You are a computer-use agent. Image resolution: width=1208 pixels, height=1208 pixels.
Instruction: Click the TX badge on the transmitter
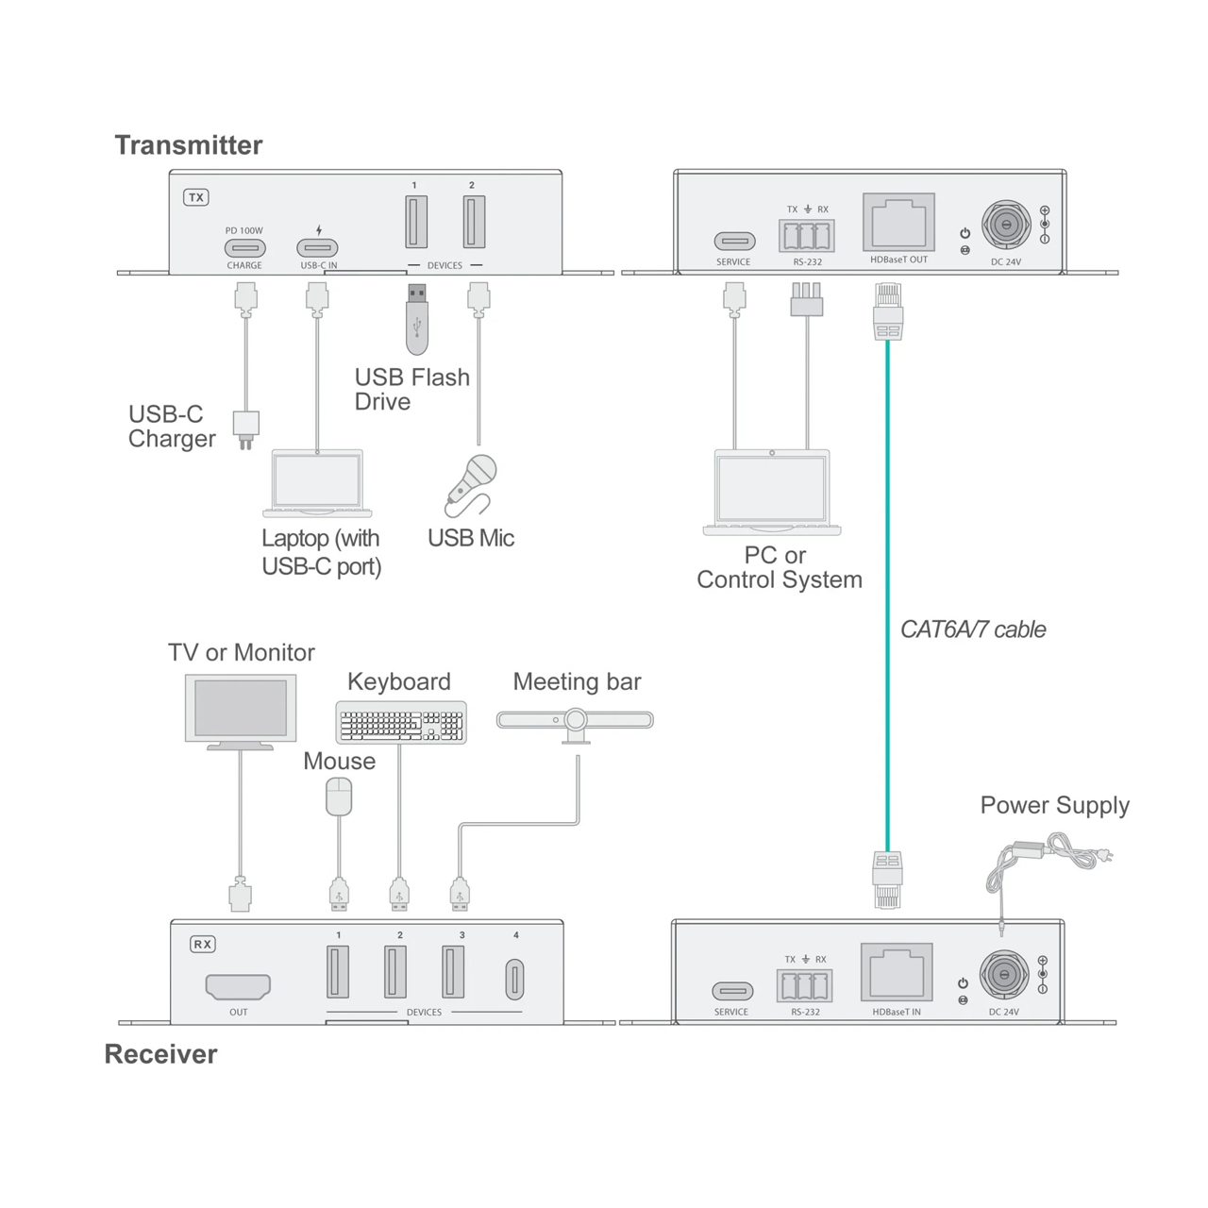coord(195,197)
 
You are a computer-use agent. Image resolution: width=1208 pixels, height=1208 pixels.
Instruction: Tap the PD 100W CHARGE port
coord(244,248)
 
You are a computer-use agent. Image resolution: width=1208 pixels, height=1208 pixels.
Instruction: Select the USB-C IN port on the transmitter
coord(318,248)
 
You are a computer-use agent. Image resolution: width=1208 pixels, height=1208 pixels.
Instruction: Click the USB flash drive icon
coord(417,318)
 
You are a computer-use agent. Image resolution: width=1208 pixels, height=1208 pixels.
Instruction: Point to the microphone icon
coord(471,484)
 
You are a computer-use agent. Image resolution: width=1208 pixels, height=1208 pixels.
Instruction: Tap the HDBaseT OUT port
coord(898,224)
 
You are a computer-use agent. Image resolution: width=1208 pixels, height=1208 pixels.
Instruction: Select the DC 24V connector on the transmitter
coord(1005,226)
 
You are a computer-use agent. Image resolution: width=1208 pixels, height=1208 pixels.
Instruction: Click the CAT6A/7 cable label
coord(973,629)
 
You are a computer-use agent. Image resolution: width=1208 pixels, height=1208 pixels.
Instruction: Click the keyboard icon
coord(401,723)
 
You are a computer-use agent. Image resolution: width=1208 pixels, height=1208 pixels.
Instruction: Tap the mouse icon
coord(339,797)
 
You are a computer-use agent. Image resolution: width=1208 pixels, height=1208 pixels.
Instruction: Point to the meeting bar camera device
coord(575,721)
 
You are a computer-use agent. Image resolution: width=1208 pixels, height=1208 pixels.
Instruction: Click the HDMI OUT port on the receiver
coord(238,986)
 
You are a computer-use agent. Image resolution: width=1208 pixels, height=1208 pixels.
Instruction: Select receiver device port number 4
coord(515,979)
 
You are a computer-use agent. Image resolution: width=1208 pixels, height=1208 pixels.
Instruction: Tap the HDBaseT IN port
coord(897,973)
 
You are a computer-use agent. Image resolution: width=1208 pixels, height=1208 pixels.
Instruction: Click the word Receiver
coord(160,1054)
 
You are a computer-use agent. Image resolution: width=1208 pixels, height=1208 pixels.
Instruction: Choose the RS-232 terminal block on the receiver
coord(805,986)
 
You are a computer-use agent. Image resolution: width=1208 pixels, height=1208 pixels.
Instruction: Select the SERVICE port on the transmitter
coord(733,242)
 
